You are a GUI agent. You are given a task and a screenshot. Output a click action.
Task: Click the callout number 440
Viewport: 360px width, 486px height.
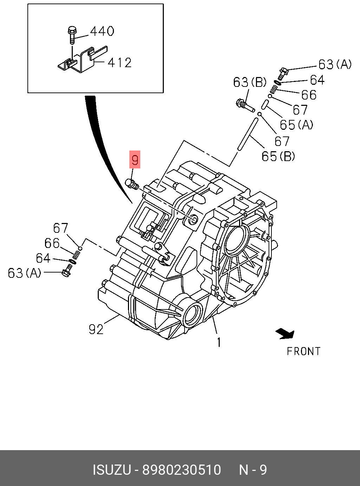102,31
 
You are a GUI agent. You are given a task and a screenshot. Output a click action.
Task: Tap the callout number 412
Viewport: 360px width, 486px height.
120,63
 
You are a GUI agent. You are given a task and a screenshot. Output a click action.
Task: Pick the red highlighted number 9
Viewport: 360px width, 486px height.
135,160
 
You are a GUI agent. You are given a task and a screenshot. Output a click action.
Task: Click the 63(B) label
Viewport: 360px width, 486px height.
250,82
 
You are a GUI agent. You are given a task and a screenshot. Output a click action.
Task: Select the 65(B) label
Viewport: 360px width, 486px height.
278,156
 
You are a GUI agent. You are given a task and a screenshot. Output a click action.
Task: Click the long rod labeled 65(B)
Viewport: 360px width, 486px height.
247,134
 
